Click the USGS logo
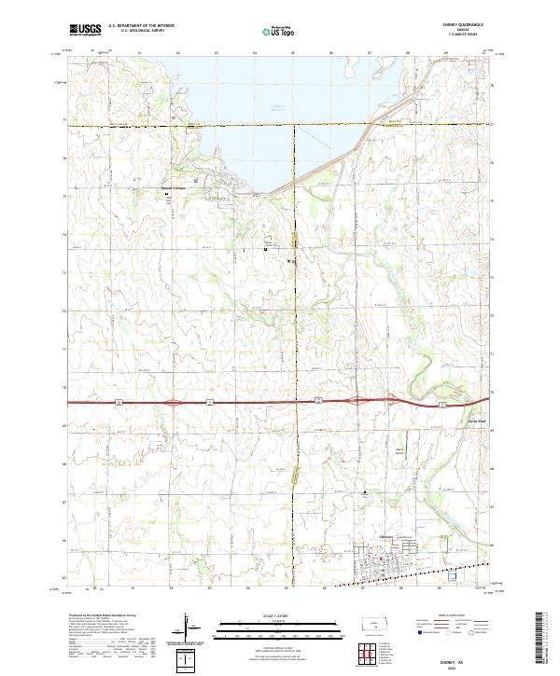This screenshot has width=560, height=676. pos(85,29)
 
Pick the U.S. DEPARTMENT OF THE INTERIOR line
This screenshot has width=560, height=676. pos(141,26)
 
